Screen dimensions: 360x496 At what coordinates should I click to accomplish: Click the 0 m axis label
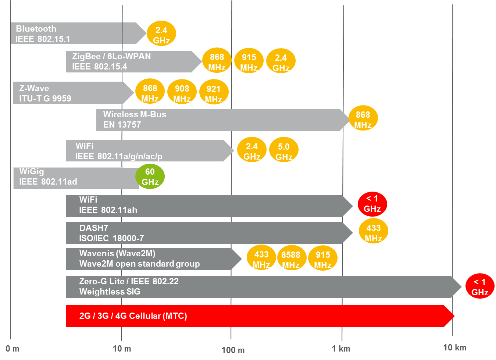click(13, 349)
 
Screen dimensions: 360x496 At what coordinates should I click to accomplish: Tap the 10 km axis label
click(454, 347)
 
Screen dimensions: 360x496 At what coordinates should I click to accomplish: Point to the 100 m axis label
click(233, 350)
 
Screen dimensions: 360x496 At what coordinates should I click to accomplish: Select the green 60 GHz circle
click(150, 177)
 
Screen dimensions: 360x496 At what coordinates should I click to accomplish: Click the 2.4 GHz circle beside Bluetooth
click(161, 33)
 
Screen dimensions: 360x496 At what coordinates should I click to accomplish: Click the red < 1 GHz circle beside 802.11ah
click(372, 204)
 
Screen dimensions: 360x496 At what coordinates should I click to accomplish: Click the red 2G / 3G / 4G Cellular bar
click(257, 316)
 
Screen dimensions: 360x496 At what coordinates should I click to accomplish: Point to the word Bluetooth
click(36, 29)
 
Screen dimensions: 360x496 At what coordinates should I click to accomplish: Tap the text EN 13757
click(122, 125)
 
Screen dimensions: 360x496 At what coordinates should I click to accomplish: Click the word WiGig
click(32, 171)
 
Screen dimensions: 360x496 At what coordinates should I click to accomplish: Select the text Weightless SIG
click(110, 292)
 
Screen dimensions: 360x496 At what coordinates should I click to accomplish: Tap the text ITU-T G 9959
click(45, 99)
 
